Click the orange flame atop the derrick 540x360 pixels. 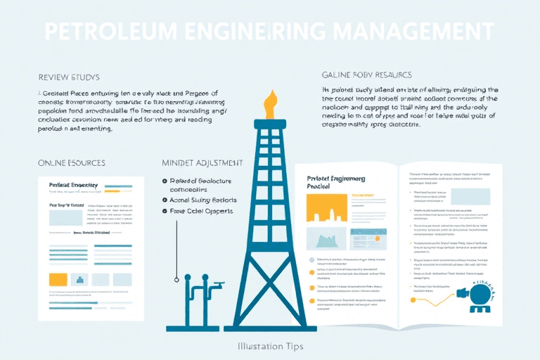(269, 105)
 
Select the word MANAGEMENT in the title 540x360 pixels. (411, 32)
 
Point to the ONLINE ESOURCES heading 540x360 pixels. (72, 162)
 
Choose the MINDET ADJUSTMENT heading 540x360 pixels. (202, 162)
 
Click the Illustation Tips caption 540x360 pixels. (269, 347)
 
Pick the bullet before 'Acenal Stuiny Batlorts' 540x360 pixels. (165, 200)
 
